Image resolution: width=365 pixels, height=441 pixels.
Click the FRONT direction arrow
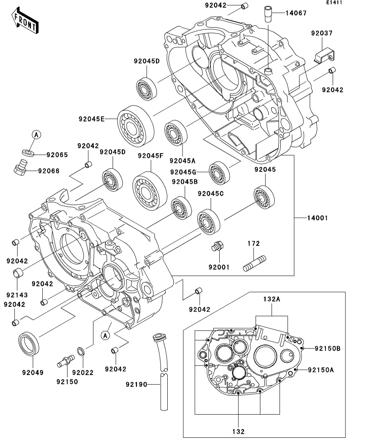click(25, 22)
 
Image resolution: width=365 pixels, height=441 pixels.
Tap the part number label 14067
click(296, 13)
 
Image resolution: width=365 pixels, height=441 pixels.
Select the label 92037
click(322, 34)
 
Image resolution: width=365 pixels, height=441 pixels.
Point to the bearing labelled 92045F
click(150, 191)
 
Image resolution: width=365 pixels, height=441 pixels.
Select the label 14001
click(317, 218)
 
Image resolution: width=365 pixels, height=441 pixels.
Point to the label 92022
click(83, 372)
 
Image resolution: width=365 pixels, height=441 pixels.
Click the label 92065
click(57, 155)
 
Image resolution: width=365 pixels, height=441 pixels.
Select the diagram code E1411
click(334, 3)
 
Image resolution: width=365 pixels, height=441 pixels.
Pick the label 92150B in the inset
click(327, 348)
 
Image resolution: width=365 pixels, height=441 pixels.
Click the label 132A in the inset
click(272, 299)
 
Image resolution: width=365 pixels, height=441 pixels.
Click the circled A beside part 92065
click(36, 135)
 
